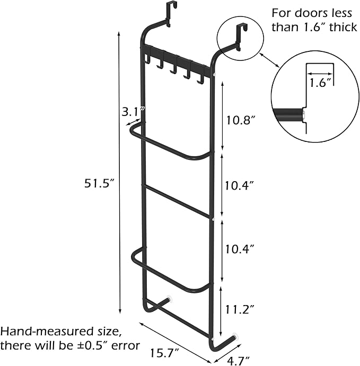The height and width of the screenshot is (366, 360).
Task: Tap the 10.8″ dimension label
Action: [241, 120]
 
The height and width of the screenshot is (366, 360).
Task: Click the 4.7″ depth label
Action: [238, 361]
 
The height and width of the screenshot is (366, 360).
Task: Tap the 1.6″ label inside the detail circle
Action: [320, 83]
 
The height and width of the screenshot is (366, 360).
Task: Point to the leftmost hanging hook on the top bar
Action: [147, 58]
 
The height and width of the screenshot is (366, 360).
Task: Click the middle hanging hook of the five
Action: [173, 69]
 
